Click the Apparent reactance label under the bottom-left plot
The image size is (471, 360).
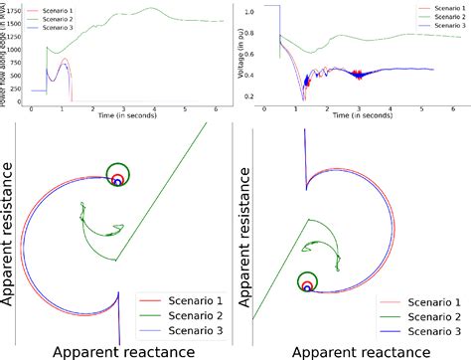115,349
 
